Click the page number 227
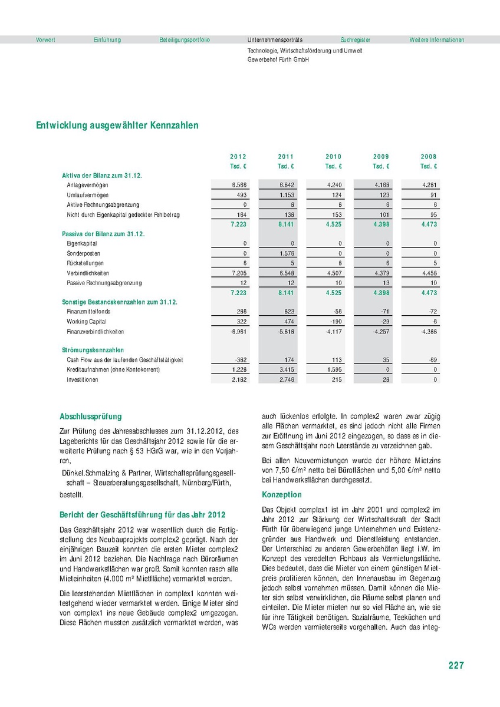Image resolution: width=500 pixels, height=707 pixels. tap(456, 665)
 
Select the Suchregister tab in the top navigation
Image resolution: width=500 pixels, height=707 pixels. tap(356, 40)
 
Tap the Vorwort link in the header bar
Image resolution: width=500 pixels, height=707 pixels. tap(45, 40)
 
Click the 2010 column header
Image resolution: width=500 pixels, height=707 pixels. tap(333, 157)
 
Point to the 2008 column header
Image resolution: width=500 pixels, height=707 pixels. tap(429, 157)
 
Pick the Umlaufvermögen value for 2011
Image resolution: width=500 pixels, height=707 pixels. tap(285, 195)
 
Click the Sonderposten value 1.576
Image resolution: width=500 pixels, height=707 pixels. tap(285, 253)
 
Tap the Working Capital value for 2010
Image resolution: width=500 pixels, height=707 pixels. tap(334, 322)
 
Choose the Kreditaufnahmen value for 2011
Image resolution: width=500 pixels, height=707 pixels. tap(285, 369)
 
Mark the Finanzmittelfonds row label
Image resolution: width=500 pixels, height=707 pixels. tap(88, 311)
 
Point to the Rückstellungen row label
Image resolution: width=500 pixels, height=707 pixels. tap(86, 263)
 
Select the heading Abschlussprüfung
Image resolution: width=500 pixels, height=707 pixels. tap(91, 417)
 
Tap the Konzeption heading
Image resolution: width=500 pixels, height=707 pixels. tap(281, 495)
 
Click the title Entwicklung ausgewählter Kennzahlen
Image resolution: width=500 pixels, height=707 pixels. tap(117, 125)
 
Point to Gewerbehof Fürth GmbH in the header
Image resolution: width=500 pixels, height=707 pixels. tap(278, 60)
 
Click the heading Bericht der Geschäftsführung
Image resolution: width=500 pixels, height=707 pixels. tap(143, 514)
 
